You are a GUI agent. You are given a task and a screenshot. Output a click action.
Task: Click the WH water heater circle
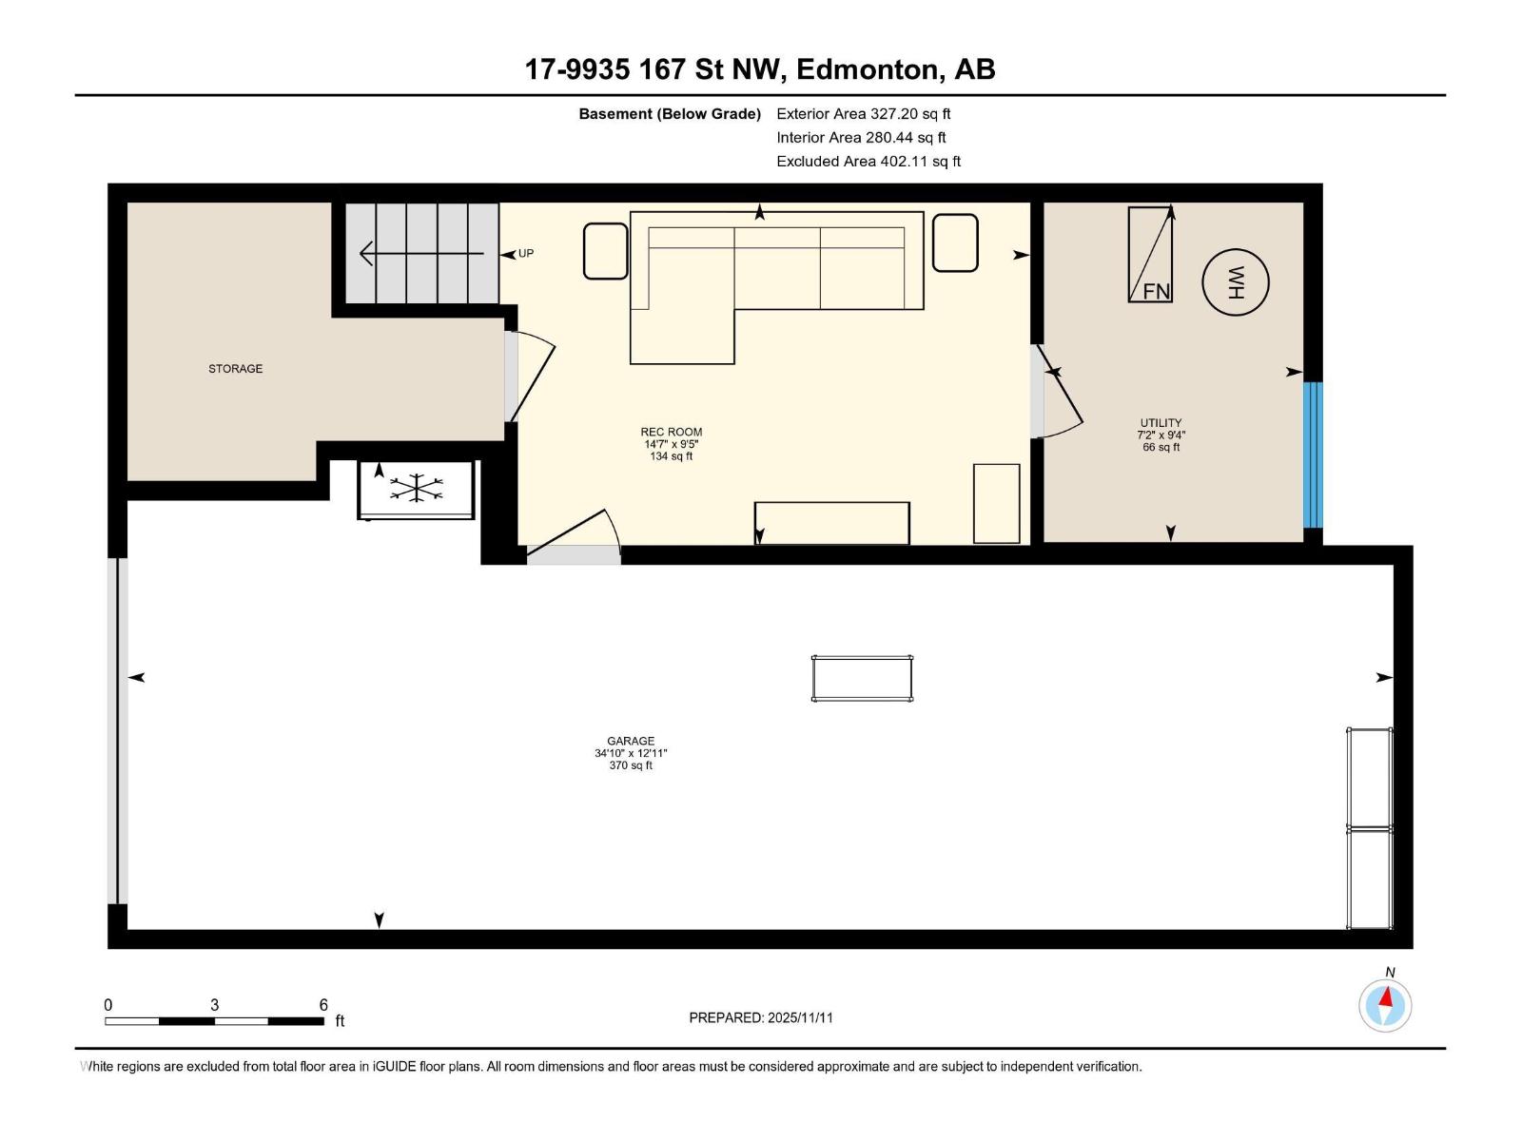point(1235,281)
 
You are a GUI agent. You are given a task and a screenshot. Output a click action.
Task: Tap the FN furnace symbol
point(1150,255)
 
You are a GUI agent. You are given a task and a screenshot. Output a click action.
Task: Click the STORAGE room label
point(235,369)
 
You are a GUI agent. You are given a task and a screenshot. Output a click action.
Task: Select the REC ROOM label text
point(671,433)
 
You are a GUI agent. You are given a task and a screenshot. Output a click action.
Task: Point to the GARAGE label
point(631,742)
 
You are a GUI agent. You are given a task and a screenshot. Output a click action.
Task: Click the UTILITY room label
point(1161,423)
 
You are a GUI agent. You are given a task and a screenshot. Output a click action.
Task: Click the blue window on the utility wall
point(1312,454)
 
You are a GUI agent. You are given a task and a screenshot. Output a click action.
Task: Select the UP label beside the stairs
point(525,254)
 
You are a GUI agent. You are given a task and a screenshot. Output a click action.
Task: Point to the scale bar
point(214,1021)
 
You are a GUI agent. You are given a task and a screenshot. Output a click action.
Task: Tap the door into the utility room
point(1058,392)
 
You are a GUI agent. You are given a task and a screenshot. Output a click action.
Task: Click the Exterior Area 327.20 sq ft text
point(863,114)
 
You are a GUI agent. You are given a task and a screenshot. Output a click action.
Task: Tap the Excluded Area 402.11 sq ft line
point(868,162)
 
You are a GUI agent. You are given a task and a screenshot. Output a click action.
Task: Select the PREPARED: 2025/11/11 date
point(760,1017)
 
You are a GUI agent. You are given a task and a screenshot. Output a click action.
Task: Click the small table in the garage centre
point(862,679)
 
